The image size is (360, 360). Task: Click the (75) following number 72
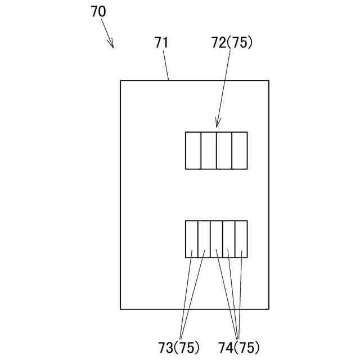click(243, 43)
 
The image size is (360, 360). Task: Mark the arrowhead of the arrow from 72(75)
click(218, 125)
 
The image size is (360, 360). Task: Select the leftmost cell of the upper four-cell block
click(193, 150)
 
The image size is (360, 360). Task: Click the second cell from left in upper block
click(209, 150)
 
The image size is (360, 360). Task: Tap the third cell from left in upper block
click(224, 150)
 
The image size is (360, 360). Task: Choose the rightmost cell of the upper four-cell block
click(240, 150)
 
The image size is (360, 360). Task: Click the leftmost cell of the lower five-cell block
click(192, 239)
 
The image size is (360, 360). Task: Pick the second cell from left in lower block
click(204, 239)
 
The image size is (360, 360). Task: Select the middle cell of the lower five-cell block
click(217, 239)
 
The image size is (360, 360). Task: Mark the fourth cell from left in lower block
click(229, 239)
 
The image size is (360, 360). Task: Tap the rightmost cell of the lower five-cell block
click(241, 239)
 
